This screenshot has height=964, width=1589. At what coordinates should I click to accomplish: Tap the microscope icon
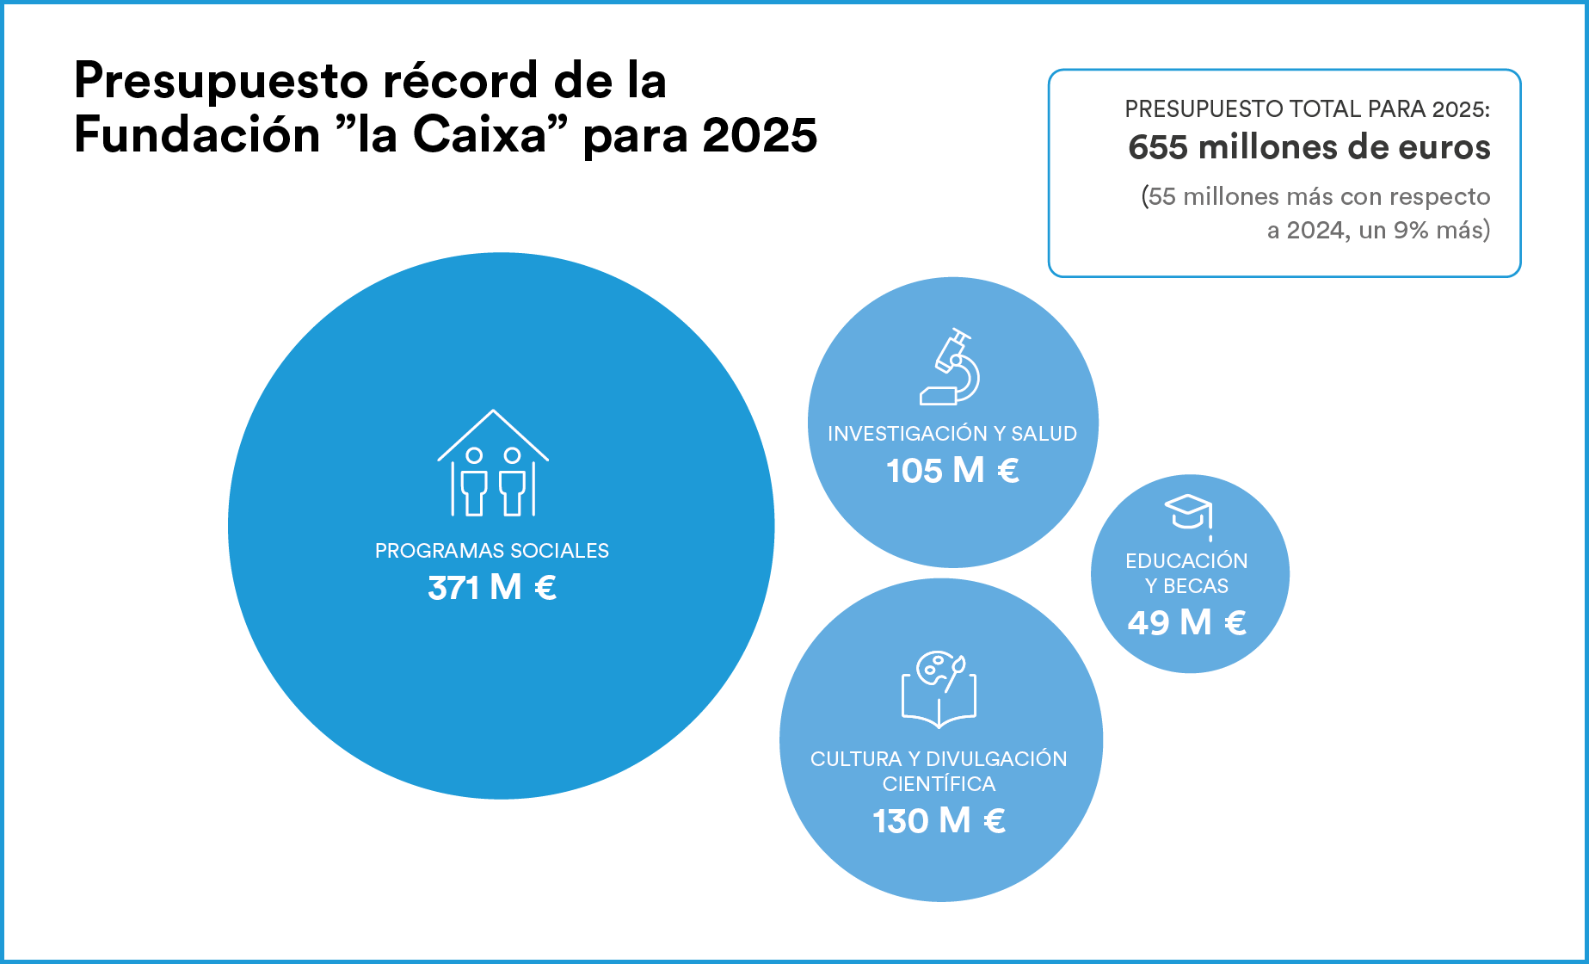950,367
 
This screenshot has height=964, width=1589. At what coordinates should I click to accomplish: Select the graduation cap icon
1188,514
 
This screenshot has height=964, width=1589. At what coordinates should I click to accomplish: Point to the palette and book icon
939,689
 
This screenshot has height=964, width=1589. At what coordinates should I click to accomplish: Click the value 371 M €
492,588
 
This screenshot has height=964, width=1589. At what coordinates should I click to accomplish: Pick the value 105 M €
952,471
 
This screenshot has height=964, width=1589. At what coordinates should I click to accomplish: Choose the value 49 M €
1187,622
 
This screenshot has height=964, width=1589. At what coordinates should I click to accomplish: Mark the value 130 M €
939,821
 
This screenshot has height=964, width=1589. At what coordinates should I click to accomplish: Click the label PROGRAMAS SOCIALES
492,551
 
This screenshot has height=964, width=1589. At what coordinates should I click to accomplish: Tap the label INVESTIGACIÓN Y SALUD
952,434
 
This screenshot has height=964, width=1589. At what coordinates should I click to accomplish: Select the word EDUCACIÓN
1186,561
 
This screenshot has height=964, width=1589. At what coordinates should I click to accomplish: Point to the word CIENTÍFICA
939,784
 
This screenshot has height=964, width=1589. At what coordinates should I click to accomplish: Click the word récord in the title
460,81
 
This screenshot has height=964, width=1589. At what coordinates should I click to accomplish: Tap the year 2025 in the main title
759,136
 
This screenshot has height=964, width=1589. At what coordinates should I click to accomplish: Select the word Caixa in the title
480,136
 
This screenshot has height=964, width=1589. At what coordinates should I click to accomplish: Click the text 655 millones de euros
1309,147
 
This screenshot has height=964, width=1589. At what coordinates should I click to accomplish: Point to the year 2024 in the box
1315,231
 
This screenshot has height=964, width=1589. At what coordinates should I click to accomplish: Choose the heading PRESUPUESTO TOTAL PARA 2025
1307,109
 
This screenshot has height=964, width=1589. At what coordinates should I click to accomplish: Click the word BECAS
1196,586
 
